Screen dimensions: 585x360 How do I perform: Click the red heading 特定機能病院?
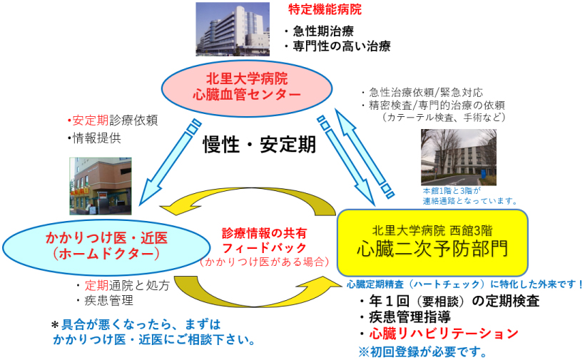(325, 10)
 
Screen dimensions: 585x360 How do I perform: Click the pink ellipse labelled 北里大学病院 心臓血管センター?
(247, 88)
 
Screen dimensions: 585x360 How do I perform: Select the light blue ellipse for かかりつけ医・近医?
(106, 247)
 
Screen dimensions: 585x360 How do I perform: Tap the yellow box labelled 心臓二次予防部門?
(432, 242)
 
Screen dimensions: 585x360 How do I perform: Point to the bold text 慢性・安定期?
(259, 145)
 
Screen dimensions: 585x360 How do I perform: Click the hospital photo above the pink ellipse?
(233, 29)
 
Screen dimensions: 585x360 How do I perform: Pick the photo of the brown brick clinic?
(101, 186)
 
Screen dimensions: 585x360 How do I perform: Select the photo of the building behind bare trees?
(459, 158)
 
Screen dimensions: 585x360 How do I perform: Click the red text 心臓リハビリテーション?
(444, 334)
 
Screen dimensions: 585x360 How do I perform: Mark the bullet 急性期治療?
(318, 31)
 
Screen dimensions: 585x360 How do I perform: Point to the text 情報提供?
(95, 138)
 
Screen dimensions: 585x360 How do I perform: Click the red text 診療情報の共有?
(264, 233)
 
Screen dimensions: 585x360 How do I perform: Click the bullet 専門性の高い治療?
(337, 46)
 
